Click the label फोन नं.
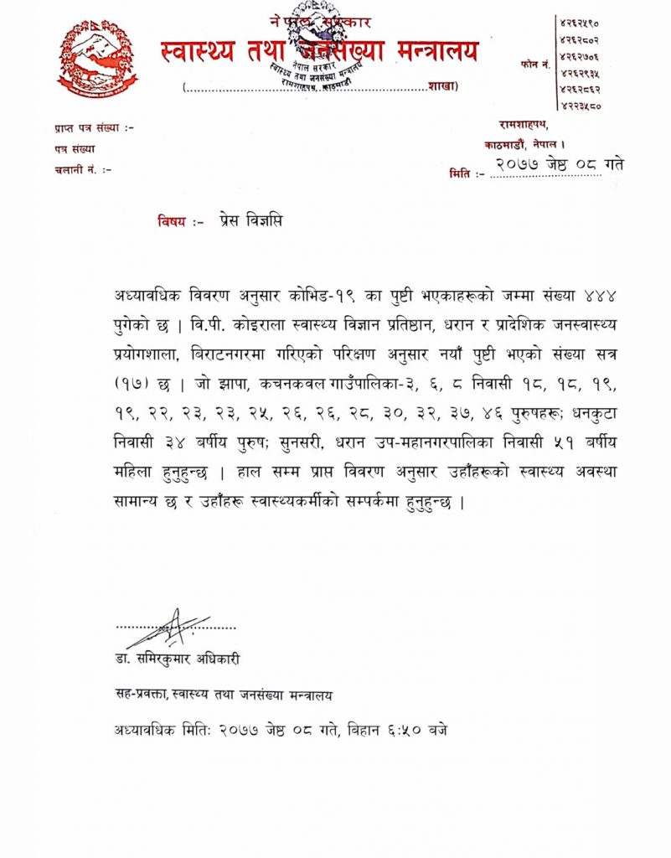(x=534, y=63)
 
